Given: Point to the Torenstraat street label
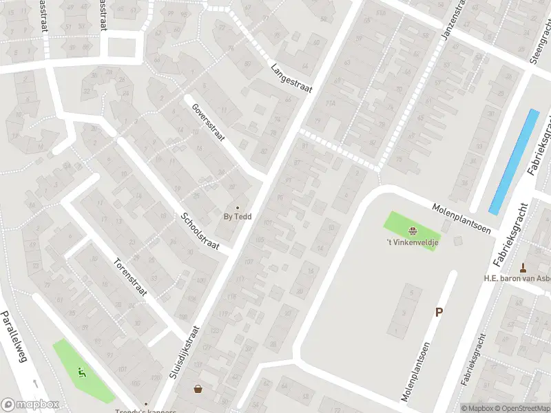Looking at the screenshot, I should coord(131,275).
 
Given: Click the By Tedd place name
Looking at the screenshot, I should coord(238,217).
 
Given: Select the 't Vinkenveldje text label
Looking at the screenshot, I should coord(412,242).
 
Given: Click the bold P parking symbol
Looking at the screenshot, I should coord(439,312).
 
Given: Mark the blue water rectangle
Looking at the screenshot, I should coord(514,161).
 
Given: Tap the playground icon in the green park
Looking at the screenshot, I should coord(82,374).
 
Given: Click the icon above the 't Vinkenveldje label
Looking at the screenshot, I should coord(412,231).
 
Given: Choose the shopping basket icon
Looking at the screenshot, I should coord(198,390).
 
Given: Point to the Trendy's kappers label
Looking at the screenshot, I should coord(146,412).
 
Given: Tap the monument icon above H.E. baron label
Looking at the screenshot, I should coord(523,268).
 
